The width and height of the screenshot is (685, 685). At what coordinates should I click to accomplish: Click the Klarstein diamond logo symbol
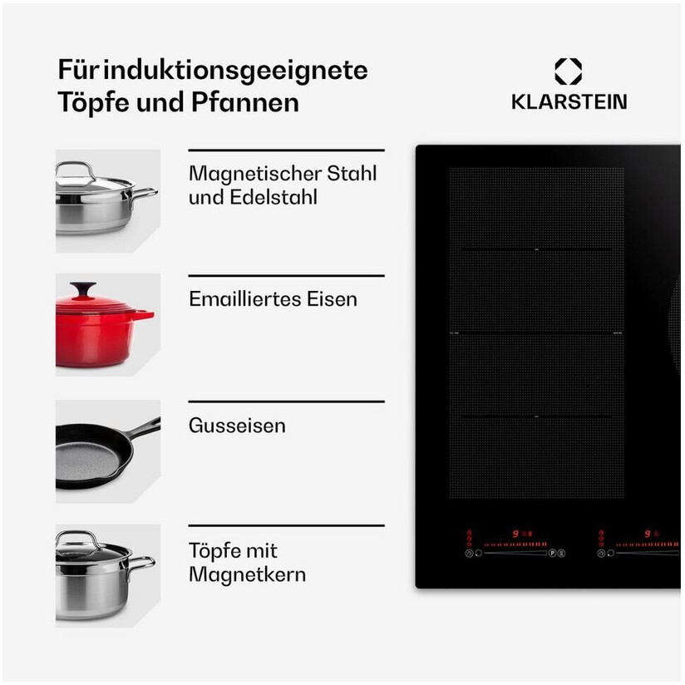(x=568, y=71)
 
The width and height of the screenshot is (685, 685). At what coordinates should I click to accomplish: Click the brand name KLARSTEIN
(x=569, y=101)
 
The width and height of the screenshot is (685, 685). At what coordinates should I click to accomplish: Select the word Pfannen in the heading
(x=245, y=102)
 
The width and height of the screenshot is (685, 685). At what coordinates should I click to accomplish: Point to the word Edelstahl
(x=274, y=197)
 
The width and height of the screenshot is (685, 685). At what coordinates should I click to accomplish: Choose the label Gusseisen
(x=237, y=426)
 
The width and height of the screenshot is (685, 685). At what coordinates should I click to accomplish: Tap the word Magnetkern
(x=247, y=574)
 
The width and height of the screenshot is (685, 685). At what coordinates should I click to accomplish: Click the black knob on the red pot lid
(x=83, y=288)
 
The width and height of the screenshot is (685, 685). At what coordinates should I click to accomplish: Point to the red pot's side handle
(x=145, y=314)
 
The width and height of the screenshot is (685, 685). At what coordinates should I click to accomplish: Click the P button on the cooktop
(x=552, y=553)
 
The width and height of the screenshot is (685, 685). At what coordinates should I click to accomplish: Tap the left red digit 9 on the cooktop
(x=515, y=534)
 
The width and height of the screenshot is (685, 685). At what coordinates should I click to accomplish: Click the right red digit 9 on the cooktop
(x=648, y=534)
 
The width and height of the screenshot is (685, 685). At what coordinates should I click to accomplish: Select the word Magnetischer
(x=255, y=175)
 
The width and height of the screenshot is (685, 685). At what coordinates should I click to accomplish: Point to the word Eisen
(x=332, y=299)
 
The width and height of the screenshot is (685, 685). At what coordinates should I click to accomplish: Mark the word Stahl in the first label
(x=352, y=174)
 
